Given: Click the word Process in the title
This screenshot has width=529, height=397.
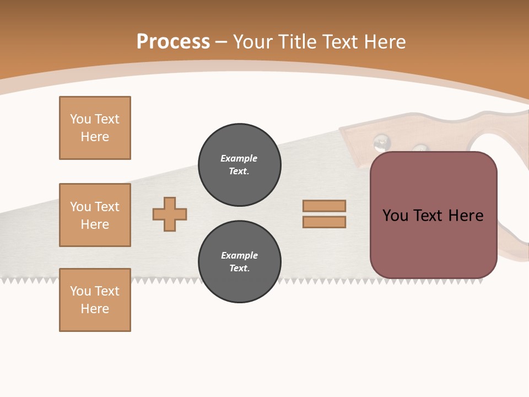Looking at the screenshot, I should [173, 42].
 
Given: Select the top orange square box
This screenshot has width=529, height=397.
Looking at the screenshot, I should [95, 128].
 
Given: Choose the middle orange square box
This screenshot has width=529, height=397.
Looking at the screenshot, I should [95, 215].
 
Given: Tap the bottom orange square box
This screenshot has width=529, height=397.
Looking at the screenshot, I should [95, 300].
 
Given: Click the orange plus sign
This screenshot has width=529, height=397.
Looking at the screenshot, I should [170, 214].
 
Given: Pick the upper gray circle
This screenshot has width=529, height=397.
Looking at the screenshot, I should [239, 164].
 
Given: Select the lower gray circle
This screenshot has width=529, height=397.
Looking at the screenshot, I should [239, 261].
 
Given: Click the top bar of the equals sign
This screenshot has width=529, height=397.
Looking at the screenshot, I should [324, 206].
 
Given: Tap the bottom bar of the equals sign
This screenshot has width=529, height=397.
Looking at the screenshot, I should [324, 222].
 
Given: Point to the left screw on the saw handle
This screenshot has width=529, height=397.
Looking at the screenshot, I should [381, 143].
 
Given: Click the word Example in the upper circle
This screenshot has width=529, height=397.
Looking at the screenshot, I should [239, 158].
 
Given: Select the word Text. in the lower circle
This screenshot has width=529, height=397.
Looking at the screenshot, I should [239, 268].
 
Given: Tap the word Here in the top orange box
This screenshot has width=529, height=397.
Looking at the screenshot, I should [95, 137].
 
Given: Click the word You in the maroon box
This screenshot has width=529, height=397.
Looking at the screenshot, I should [395, 216].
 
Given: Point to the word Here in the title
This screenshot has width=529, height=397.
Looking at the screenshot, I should [385, 42].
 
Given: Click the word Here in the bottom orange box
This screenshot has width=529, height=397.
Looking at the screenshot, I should [95, 309].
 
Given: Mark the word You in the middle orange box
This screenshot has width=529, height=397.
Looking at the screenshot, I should [80, 207].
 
